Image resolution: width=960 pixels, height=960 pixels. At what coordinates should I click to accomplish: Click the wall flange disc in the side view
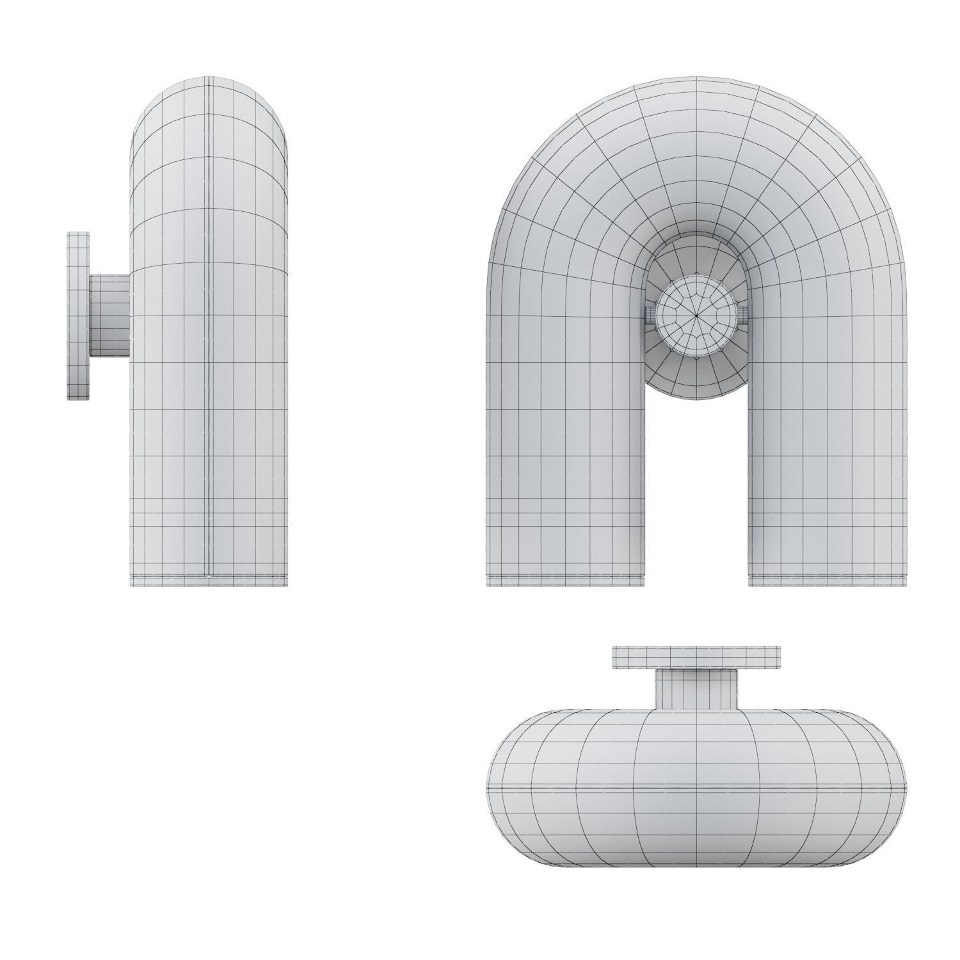[x=79, y=316]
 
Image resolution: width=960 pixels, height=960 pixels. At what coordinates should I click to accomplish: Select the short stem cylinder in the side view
[x=109, y=316]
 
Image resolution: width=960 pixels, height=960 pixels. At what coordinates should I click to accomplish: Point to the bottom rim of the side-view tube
[x=209, y=581]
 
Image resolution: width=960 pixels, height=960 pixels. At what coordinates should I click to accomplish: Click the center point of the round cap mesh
[x=697, y=314]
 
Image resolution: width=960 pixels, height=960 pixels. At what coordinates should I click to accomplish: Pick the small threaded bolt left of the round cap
[x=649, y=314]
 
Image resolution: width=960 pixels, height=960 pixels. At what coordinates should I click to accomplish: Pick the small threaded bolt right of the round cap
[x=744, y=314]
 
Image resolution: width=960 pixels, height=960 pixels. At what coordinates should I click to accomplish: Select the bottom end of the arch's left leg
[x=565, y=579]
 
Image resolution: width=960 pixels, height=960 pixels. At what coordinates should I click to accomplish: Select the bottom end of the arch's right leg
[x=828, y=579]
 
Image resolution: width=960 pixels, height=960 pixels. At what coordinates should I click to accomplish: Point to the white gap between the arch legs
[x=696, y=499]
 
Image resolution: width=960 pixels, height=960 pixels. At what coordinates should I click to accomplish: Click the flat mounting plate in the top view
[x=696, y=657]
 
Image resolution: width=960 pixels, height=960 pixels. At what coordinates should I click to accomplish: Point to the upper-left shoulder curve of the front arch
[x=544, y=160]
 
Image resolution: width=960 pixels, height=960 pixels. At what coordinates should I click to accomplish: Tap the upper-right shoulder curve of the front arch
[x=851, y=160]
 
